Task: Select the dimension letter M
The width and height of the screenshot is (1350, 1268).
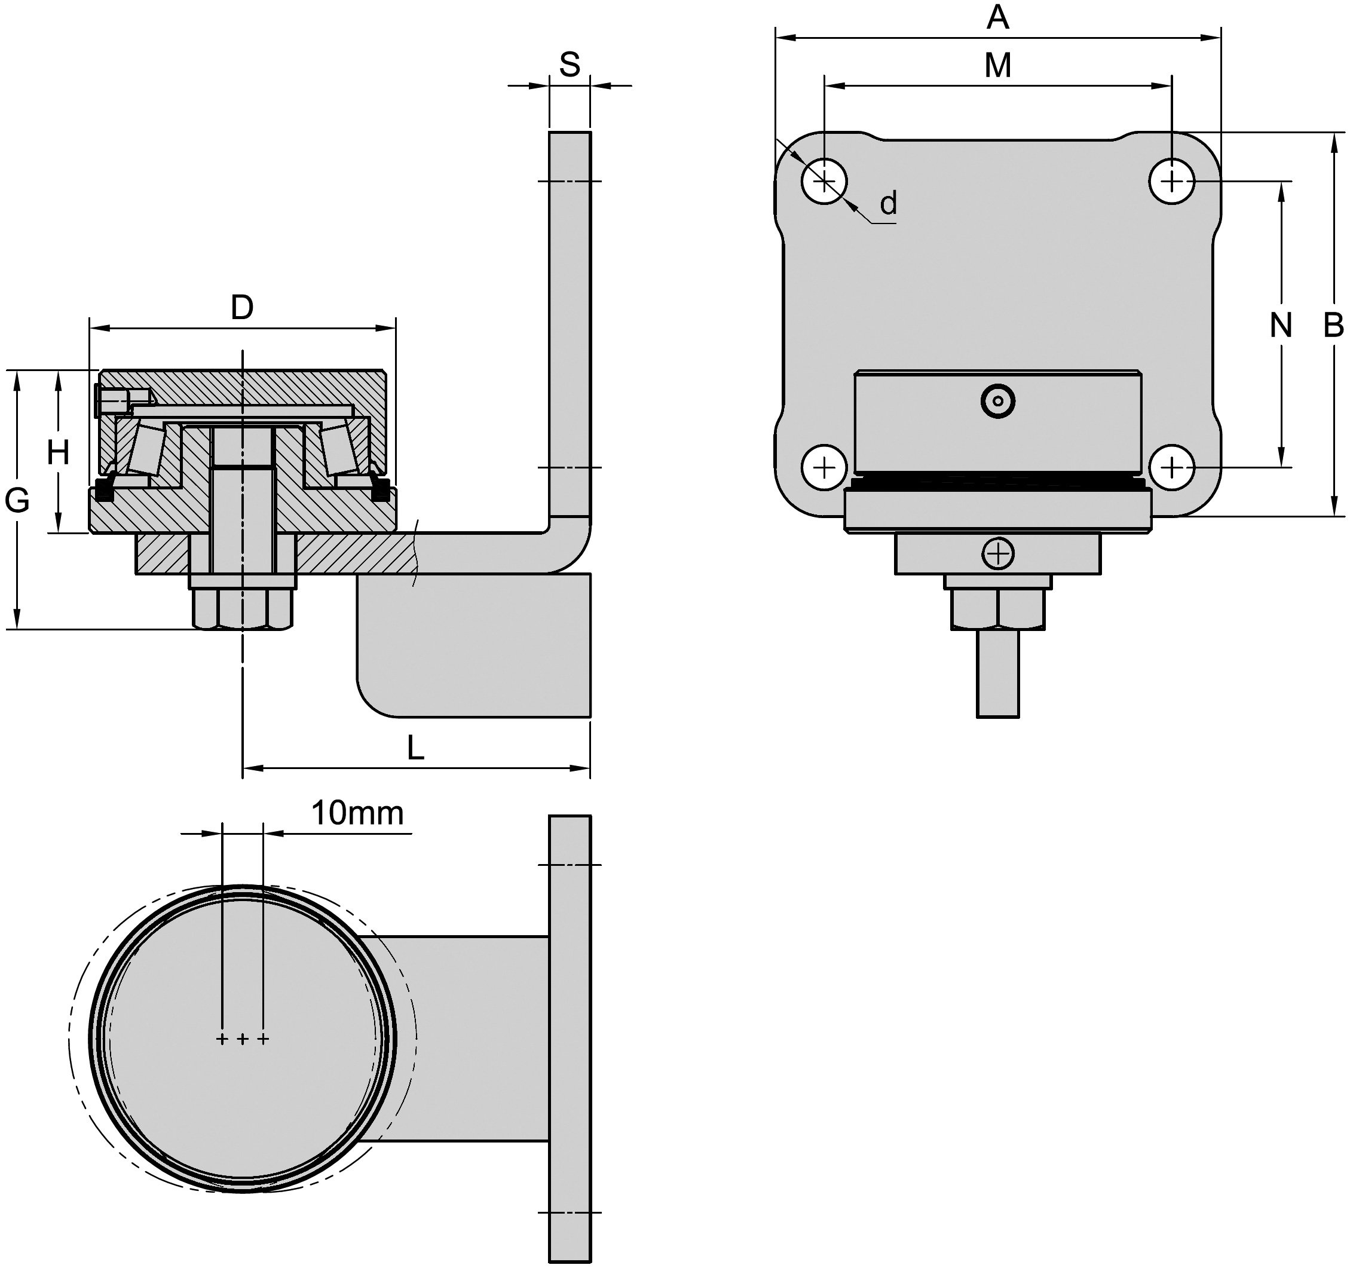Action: tap(997, 65)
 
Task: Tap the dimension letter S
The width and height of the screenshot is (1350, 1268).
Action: tap(570, 65)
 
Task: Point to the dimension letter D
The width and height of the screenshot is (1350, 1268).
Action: tap(243, 308)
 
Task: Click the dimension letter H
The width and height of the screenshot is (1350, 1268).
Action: tap(59, 452)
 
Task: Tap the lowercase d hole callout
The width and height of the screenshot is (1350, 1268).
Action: tap(888, 203)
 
